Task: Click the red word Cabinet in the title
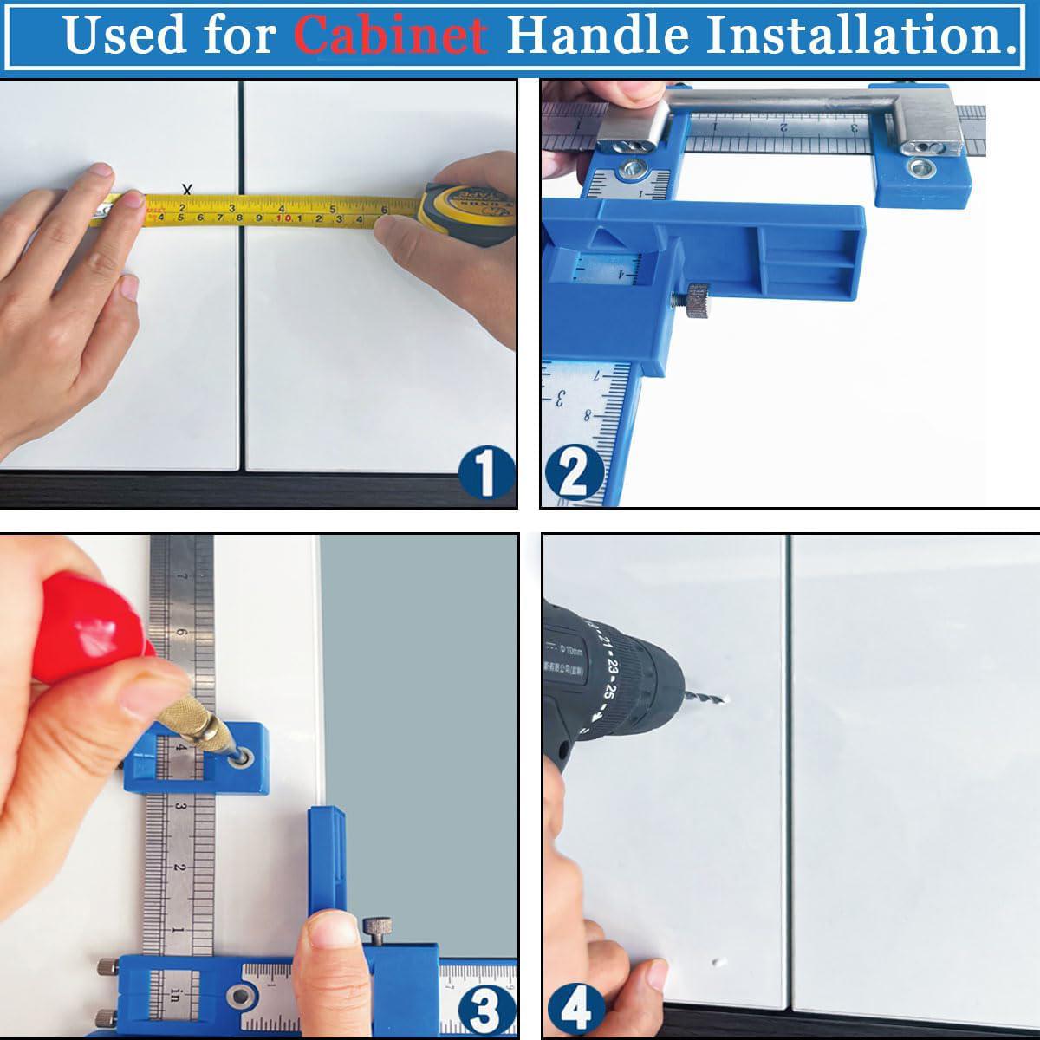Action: point(390,35)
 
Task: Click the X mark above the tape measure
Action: point(187,189)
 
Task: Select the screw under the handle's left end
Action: point(631,167)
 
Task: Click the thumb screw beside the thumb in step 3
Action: point(375,931)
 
